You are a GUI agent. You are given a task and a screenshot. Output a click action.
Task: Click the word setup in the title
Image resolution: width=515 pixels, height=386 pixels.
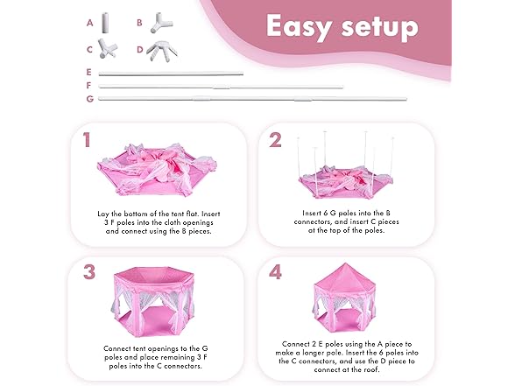point(380,26)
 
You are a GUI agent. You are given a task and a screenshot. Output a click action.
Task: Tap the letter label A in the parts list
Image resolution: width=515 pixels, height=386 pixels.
point(89,23)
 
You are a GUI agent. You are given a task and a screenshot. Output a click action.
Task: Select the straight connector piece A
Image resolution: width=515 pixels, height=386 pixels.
point(105,23)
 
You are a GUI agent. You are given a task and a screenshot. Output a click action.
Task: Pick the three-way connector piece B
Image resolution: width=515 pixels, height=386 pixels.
point(161,23)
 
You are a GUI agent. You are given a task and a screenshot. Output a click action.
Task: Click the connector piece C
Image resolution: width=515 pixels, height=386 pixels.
point(107,49)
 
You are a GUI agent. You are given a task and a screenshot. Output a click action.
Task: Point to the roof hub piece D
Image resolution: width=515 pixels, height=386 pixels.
point(162,51)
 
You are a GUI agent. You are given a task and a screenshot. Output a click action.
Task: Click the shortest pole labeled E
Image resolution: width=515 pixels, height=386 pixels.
point(171,74)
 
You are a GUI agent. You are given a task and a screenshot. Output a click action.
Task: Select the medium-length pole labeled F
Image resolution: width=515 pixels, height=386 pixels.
point(221,87)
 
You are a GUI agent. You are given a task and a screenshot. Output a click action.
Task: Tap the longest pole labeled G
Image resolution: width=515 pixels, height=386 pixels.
point(252,98)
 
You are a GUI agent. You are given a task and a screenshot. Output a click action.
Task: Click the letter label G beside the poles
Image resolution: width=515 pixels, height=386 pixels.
point(89,99)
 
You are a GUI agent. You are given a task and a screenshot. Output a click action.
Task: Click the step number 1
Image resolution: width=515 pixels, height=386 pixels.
point(87,140)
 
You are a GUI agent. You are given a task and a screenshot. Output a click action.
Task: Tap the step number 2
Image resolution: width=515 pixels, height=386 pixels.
point(275,140)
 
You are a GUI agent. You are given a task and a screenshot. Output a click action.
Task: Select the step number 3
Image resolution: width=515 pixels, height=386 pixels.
point(89,272)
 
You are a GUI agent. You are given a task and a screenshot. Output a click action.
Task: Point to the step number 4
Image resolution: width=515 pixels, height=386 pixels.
point(275,272)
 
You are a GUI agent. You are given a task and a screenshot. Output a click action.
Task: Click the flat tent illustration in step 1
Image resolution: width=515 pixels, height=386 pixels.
point(158,170)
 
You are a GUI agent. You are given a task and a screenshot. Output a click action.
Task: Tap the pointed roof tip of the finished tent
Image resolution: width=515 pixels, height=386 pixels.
point(344,263)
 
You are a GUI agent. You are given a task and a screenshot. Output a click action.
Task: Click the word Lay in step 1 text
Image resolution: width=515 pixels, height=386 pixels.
point(102,214)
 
